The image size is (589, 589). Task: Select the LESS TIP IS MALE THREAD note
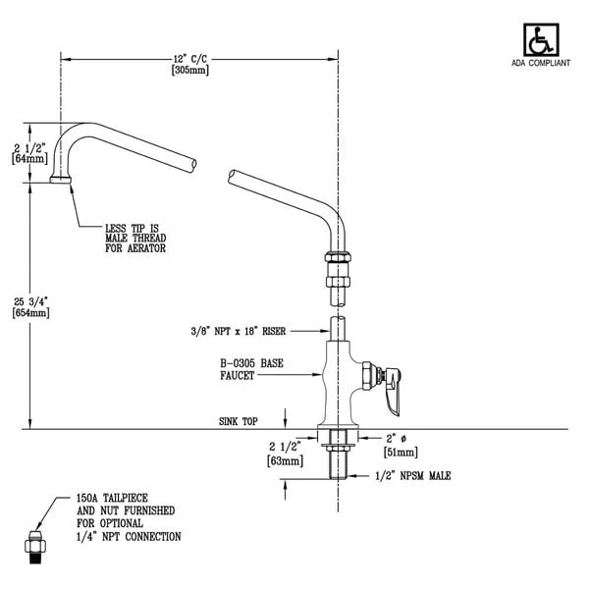(x=134, y=237)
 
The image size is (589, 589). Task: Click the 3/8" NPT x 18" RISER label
(x=250, y=331)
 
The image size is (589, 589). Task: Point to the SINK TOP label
(x=238, y=420)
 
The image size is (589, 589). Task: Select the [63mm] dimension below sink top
(x=286, y=458)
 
